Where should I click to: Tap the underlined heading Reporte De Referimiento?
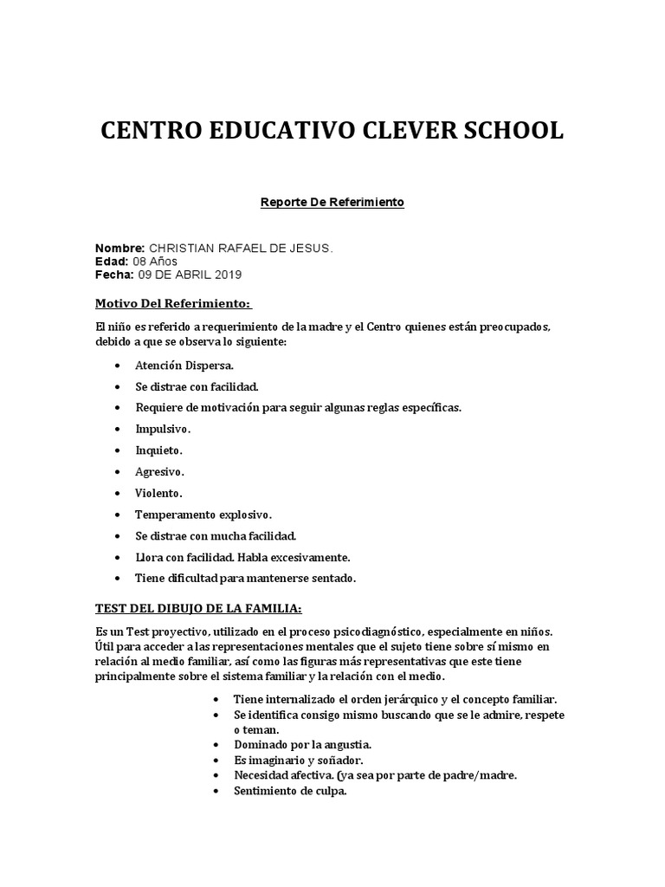click(x=332, y=203)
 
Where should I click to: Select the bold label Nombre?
click(x=119, y=248)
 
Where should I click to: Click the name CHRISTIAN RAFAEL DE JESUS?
click(x=241, y=248)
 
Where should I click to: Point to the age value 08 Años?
click(x=157, y=262)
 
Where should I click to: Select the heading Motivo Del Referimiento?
click(x=173, y=303)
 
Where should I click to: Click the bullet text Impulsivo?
click(x=163, y=429)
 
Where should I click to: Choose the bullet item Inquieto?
click(x=158, y=450)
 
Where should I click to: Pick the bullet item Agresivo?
click(x=159, y=471)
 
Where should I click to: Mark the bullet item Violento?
click(x=158, y=492)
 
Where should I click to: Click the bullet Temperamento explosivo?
click(x=203, y=514)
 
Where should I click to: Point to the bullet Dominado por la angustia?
click(x=291, y=744)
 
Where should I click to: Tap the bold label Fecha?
click(x=113, y=275)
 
